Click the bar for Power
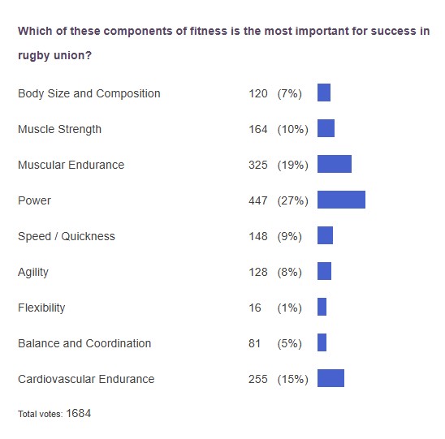(x=341, y=200)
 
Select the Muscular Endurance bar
(x=334, y=165)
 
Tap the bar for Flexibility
(x=322, y=308)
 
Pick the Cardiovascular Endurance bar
(x=331, y=379)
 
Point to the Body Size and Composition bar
(x=323, y=93)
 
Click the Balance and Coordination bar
(x=322, y=343)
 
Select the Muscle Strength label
(x=59, y=129)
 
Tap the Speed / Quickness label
(x=67, y=236)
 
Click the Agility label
(x=33, y=272)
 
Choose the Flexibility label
(x=41, y=308)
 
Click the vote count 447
(x=258, y=200)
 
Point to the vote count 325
(x=258, y=165)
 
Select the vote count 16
(x=255, y=308)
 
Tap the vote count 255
(x=258, y=379)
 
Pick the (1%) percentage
(x=289, y=308)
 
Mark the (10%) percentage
(x=292, y=129)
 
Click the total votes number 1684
(x=79, y=413)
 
